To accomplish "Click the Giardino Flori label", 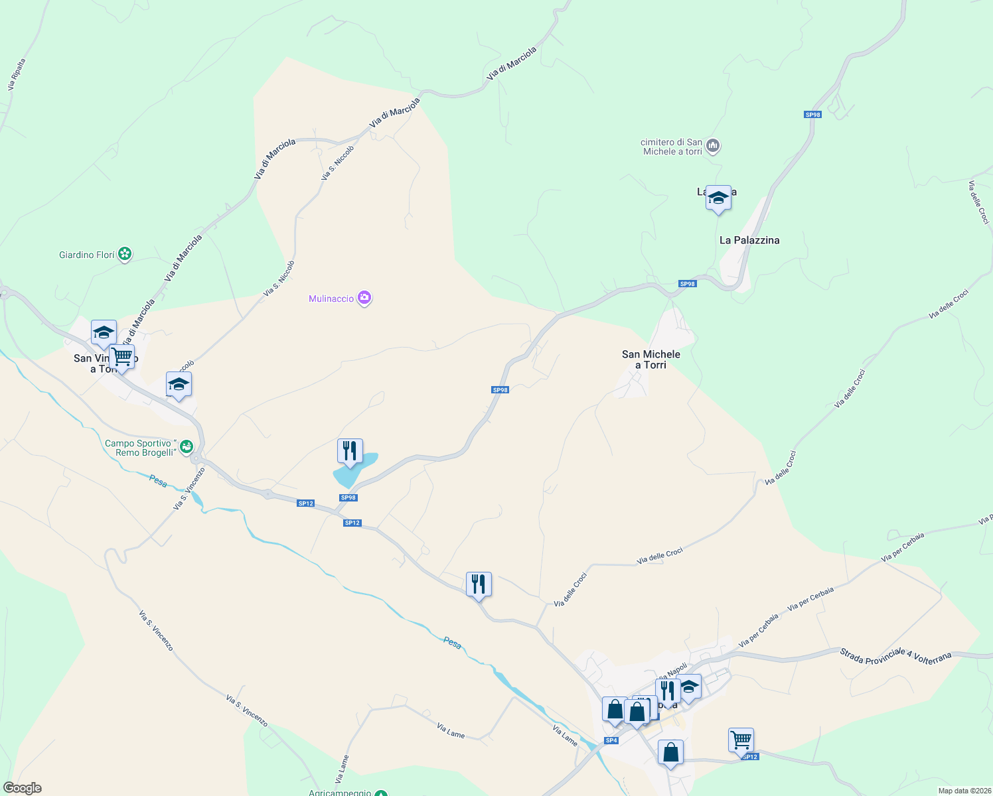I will point(87,255).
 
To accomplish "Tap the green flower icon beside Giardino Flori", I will point(125,254).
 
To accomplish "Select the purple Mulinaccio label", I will point(331,298).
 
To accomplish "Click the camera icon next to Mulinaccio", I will point(364,298).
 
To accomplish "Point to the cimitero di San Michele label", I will point(672,147).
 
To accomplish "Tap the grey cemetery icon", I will point(713,145).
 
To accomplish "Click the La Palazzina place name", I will point(749,240).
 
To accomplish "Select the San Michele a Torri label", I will point(651,360).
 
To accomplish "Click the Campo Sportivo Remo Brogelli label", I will point(141,448).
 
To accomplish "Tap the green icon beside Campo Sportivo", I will point(187,446).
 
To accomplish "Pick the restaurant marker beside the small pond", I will point(350,451).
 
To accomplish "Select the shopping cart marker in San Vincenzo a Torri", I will point(122,357).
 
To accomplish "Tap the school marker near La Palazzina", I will point(718,198).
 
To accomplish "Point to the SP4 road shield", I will point(611,740).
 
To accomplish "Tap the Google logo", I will point(22,788).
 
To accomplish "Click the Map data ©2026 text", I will point(964,791).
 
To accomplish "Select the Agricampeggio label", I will point(339,793).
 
